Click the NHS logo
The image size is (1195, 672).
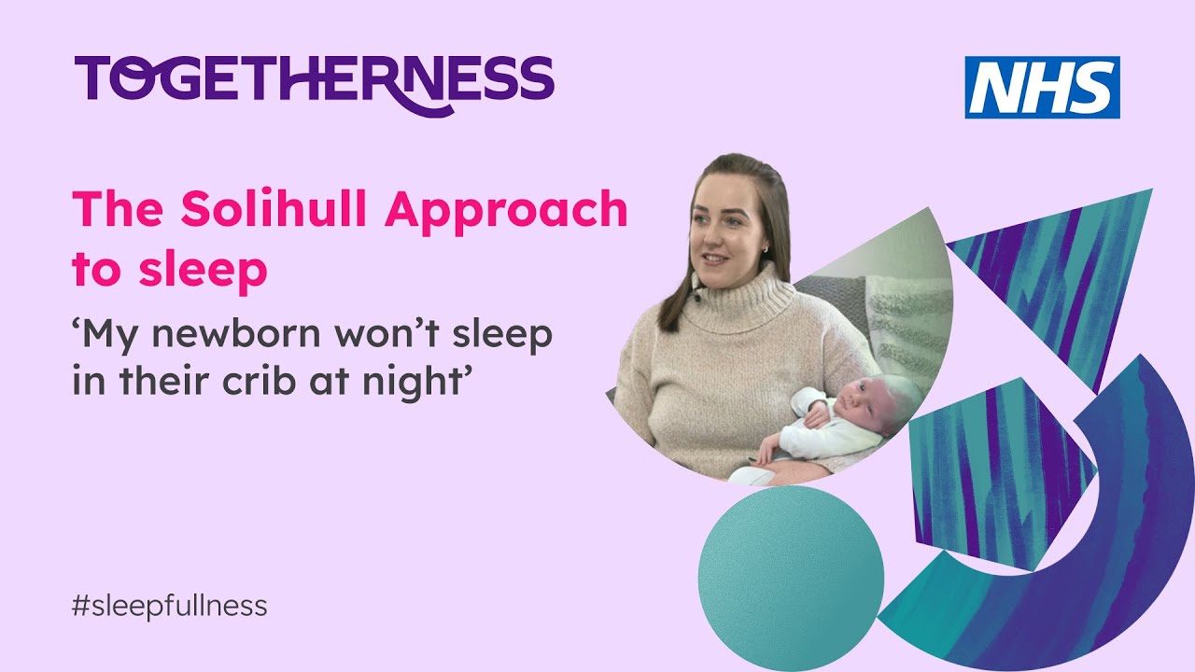pos(1042,87)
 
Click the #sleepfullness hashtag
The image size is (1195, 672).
pos(169,606)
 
